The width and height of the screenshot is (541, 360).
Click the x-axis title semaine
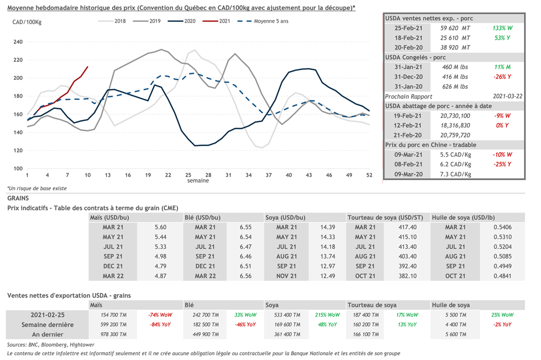(198, 181)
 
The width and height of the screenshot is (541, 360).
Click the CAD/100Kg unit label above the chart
(26, 22)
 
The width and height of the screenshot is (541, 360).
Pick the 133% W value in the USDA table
(502, 28)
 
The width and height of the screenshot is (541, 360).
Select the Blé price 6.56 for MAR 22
(247, 276)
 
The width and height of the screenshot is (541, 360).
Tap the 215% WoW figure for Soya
(328, 315)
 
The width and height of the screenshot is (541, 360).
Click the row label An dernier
(48, 335)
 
